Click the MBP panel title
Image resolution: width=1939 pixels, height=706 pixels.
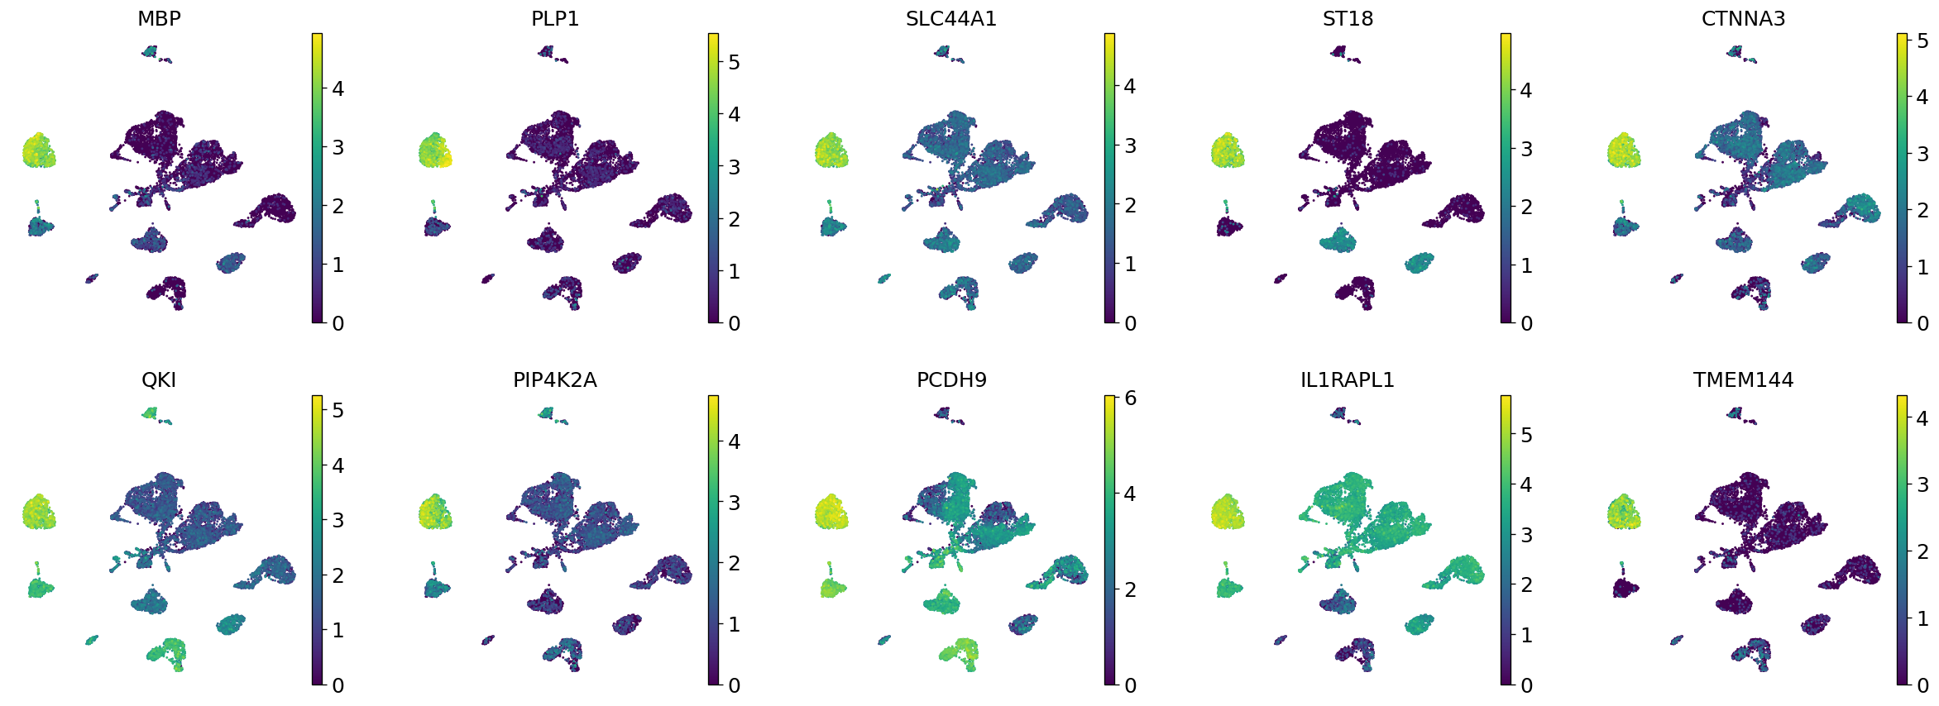tap(159, 18)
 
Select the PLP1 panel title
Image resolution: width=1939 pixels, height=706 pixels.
tap(555, 18)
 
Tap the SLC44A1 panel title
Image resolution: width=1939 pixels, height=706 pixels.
tap(951, 18)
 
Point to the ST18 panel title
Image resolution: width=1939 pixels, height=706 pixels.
tap(1348, 18)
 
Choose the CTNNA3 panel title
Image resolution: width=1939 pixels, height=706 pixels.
tap(1743, 18)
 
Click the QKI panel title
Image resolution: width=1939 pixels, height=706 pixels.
tap(159, 379)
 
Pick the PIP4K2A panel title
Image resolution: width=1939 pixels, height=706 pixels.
tap(555, 379)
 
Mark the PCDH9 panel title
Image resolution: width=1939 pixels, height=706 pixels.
tap(951, 379)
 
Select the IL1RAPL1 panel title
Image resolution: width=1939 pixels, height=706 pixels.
tap(1348, 379)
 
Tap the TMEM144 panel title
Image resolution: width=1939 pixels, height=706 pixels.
tap(1743, 379)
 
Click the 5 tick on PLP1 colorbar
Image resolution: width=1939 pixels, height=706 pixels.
tap(734, 62)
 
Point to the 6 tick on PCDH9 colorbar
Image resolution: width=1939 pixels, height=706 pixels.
tap(1130, 398)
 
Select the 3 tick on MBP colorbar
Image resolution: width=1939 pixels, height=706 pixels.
tap(338, 148)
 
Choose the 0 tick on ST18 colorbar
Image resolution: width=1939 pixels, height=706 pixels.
tap(1526, 323)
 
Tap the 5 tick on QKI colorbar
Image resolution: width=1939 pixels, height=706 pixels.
tap(338, 411)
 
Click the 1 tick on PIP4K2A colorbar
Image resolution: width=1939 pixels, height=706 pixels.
tap(734, 624)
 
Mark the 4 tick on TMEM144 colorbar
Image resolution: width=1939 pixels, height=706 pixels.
tap(1922, 418)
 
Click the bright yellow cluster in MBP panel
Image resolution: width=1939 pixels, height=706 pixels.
tap(38, 151)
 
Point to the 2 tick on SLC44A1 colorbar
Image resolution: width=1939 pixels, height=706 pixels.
tap(1130, 205)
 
